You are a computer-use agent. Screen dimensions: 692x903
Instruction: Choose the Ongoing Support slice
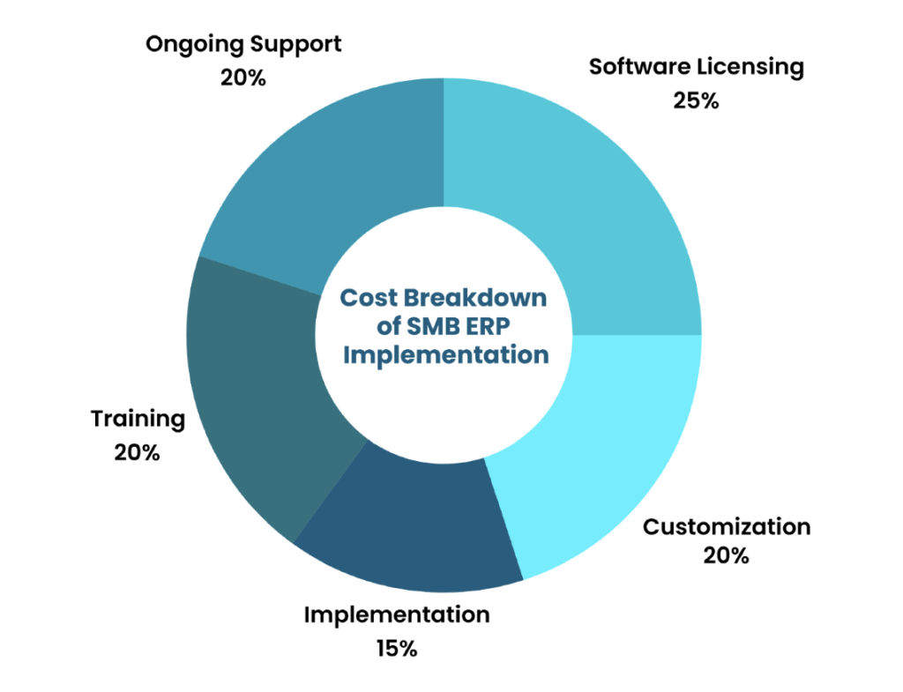point(335,176)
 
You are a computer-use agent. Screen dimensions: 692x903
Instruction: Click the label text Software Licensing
point(697,67)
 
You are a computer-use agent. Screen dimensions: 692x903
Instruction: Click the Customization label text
point(726,527)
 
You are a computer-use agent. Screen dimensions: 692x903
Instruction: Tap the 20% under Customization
point(726,556)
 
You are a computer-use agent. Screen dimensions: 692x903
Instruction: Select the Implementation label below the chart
point(397,614)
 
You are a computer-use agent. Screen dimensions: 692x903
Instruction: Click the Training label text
point(138,419)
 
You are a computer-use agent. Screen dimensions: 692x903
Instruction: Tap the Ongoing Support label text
point(243,44)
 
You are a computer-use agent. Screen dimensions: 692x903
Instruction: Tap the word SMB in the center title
point(434,326)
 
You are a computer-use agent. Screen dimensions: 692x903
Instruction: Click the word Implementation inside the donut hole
point(445,356)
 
